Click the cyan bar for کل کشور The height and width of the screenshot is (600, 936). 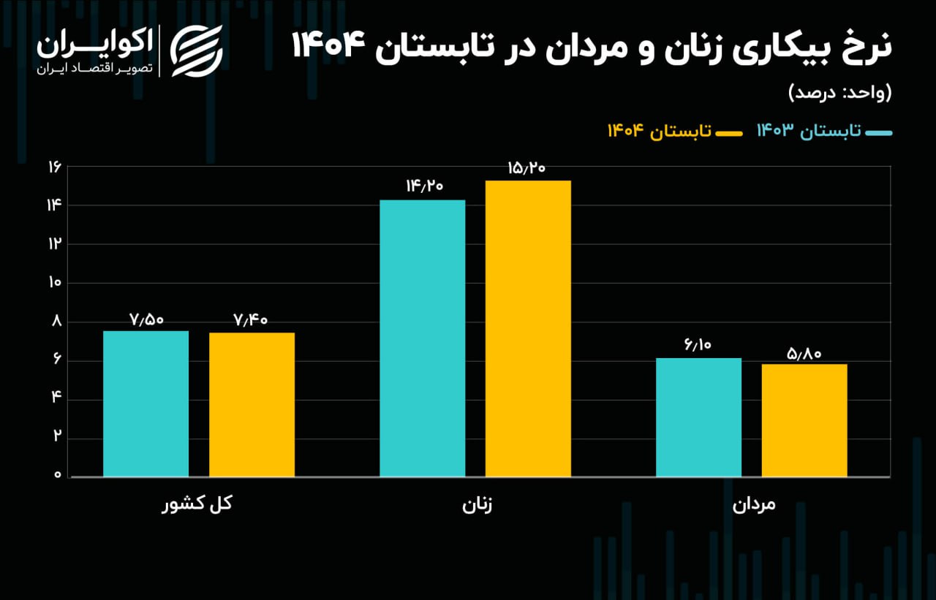[146, 403]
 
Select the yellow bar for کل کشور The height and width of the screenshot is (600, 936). [252, 404]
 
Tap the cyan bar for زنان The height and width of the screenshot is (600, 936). [423, 338]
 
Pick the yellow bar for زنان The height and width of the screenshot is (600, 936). [528, 329]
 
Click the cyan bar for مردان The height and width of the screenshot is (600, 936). [698, 417]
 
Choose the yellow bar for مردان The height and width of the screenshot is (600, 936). [804, 420]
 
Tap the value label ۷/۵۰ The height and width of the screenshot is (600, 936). [147, 319]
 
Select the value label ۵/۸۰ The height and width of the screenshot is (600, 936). [804, 354]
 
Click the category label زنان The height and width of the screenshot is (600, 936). [478, 506]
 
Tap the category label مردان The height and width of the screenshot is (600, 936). [753, 506]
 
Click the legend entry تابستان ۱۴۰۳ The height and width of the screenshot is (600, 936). [824, 131]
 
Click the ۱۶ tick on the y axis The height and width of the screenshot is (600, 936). [53, 167]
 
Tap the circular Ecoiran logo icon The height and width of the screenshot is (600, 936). [196, 50]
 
